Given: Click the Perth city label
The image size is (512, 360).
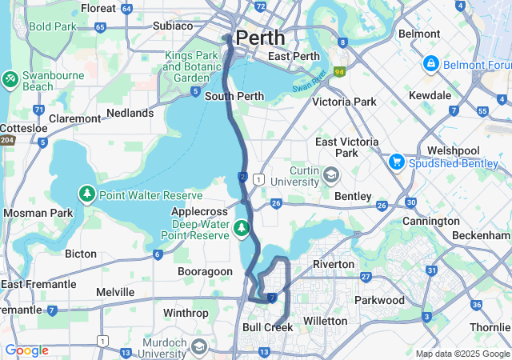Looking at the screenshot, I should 260,38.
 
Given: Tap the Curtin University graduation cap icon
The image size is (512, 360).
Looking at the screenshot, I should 331,174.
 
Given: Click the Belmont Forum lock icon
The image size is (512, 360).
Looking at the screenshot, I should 430,62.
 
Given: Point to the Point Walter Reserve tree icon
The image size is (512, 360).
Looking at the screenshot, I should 86,194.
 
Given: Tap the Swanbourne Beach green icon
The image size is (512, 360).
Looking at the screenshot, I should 11,79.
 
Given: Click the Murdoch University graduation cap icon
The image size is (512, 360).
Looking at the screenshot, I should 198,346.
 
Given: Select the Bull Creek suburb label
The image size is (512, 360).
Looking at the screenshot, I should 267,327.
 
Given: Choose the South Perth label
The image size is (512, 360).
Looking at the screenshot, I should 234,97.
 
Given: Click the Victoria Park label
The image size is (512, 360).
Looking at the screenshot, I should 344,102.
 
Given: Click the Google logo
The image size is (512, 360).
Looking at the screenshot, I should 27,350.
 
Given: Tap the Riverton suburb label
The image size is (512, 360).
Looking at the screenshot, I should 334,264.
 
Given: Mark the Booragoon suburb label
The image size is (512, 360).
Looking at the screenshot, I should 203,272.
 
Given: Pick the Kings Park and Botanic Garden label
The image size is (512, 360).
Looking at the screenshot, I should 192,67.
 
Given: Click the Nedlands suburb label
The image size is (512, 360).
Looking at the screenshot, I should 129,114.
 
